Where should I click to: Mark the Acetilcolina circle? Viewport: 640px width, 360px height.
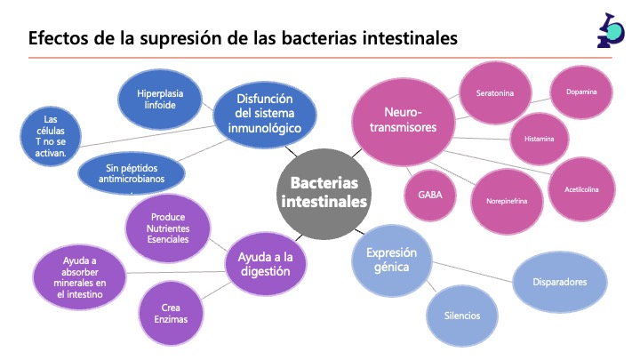[x=581, y=189]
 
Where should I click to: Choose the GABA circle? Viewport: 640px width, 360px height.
[x=431, y=194]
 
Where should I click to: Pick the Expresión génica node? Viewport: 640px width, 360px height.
[x=391, y=260]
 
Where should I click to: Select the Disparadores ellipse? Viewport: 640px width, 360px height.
[x=561, y=283]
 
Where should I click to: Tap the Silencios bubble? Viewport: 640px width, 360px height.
[x=462, y=316]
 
